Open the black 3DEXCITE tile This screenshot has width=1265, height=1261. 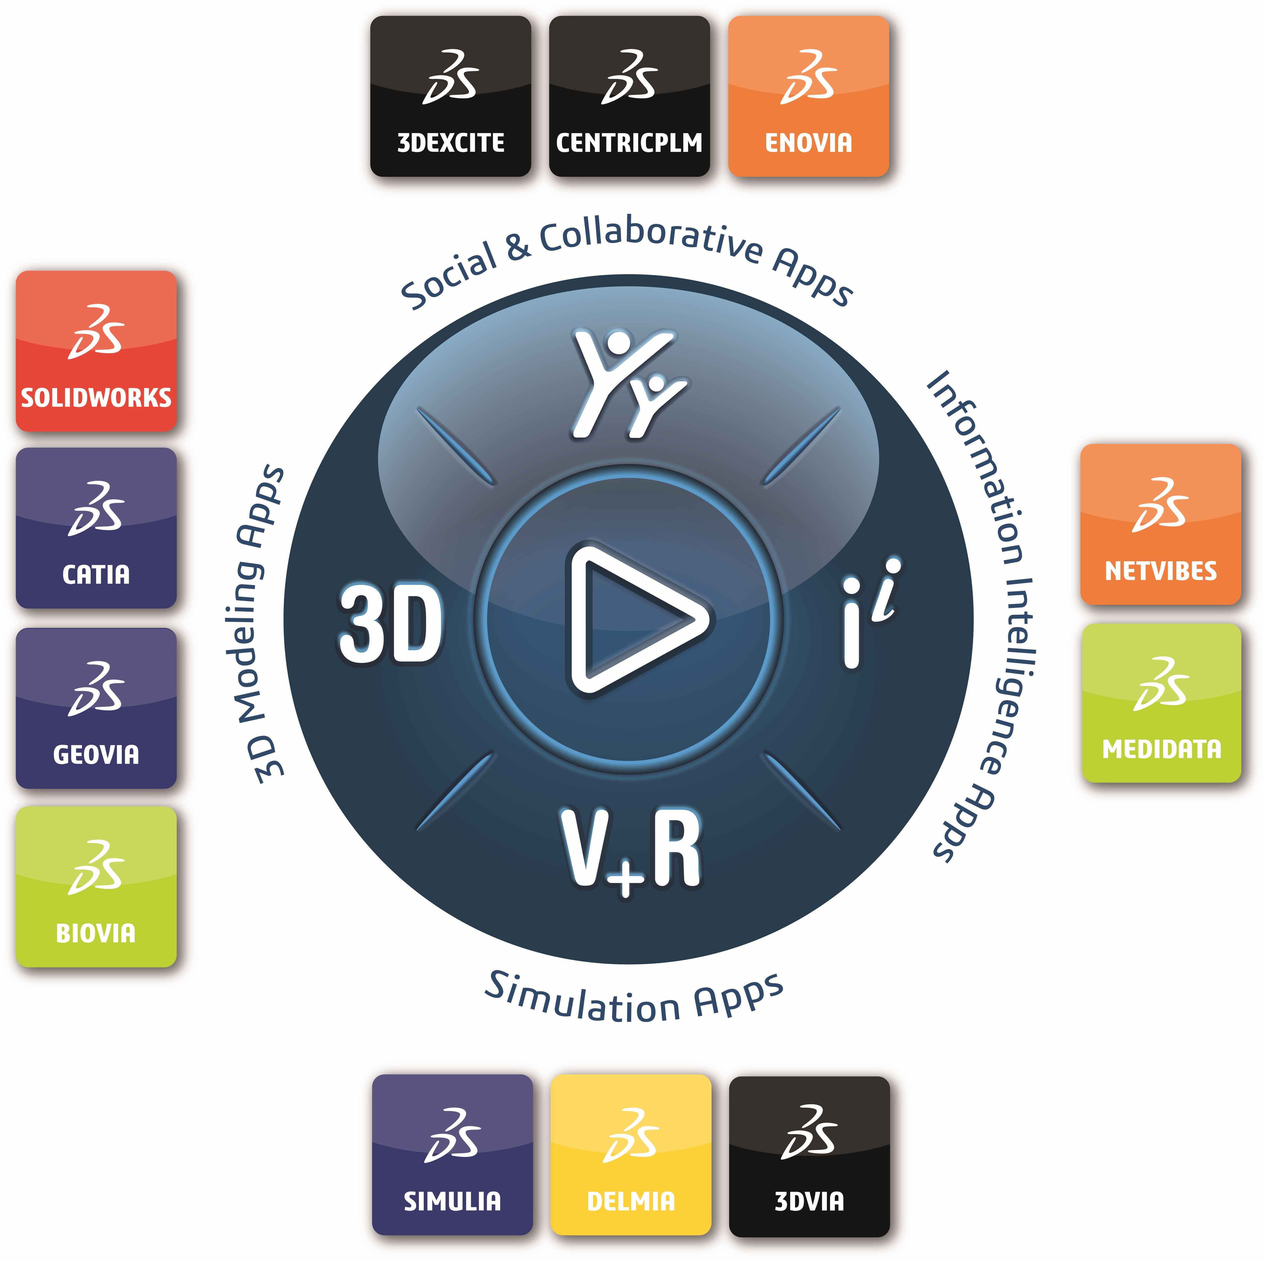pyautogui.click(x=450, y=96)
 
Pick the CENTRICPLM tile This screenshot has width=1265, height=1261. pyautogui.click(x=629, y=96)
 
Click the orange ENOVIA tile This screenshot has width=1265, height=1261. pyautogui.click(x=809, y=96)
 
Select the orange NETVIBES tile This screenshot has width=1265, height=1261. pyautogui.click(x=1161, y=524)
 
